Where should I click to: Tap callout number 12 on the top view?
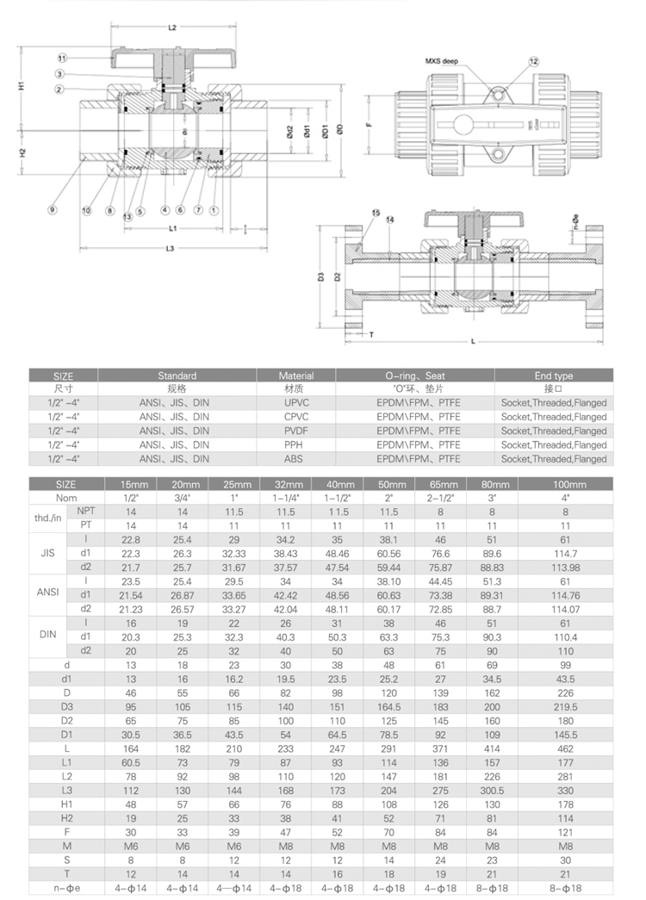(x=534, y=62)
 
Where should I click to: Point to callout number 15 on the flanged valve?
(x=375, y=213)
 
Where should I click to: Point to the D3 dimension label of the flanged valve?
(x=320, y=277)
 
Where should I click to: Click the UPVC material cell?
(x=295, y=402)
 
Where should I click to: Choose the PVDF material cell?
(x=295, y=431)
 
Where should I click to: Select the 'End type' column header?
(x=553, y=376)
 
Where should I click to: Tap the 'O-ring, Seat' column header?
(x=414, y=376)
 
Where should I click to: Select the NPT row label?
(x=84, y=512)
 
